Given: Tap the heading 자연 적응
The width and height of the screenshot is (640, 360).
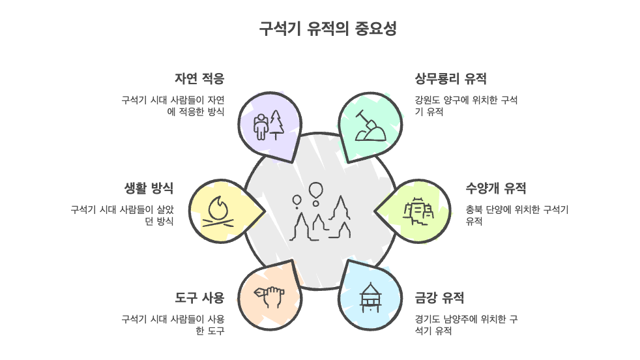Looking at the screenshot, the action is tap(199, 79).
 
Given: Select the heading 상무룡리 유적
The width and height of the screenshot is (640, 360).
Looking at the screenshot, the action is tap(450, 79).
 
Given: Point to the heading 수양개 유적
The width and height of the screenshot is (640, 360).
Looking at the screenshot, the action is tap(496, 188).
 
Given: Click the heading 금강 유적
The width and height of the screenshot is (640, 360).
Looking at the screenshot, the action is tap(439, 298).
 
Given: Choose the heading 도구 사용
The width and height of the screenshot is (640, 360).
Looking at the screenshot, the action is tap(199, 298).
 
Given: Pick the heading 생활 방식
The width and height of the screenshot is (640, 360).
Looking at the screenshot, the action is tap(149, 188).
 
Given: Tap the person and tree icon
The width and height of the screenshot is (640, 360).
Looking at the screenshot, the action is tap(269, 124).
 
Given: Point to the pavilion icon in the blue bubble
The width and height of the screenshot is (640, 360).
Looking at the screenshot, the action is tap(369, 297).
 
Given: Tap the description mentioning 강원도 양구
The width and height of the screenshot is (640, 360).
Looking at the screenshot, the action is tap(466, 106).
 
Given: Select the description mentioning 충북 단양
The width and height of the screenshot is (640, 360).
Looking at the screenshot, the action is tap(517, 215).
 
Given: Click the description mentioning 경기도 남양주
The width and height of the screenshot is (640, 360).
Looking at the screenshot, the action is tap(466, 325).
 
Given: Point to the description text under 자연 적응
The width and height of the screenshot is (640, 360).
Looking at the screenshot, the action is tap(173, 106).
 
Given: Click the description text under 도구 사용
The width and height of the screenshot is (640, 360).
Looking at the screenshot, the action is tap(173, 325).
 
